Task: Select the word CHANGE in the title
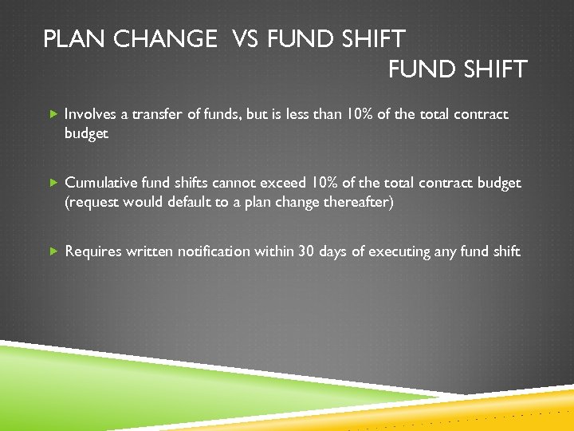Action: pyautogui.click(x=165, y=39)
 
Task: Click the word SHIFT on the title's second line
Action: pyautogui.click(x=493, y=69)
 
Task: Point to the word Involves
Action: pyautogui.click(x=90, y=114)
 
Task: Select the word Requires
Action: pyautogui.click(x=92, y=251)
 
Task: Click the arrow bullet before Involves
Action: pyautogui.click(x=53, y=115)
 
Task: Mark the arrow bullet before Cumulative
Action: pyautogui.click(x=53, y=184)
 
